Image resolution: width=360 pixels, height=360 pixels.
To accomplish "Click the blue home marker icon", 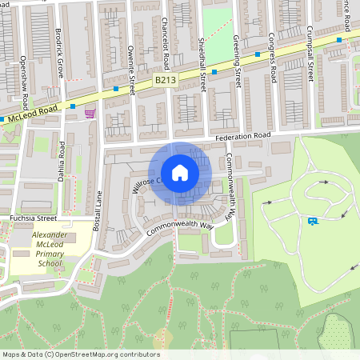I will [179, 173].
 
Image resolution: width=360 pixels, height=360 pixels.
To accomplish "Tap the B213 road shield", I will [165, 81].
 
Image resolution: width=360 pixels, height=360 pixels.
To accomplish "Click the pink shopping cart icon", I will [90, 114].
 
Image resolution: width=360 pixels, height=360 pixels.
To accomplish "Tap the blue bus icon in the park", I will [311, 221].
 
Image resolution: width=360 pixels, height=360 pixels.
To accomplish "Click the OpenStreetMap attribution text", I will [80, 354].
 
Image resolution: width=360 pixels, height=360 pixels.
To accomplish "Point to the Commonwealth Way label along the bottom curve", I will [181, 228].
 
